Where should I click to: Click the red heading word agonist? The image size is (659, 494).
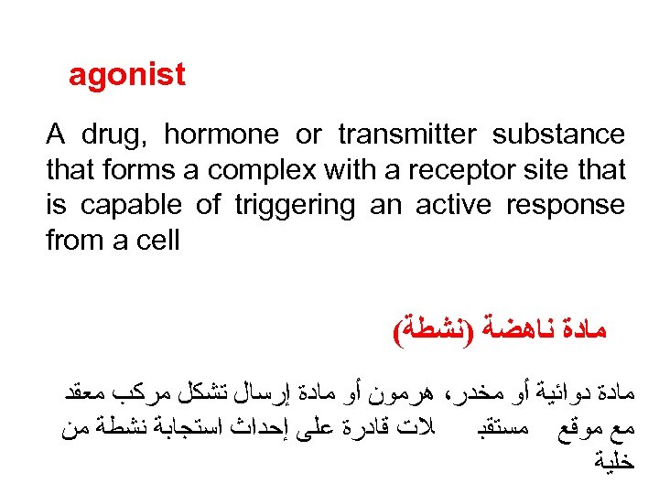[127, 75]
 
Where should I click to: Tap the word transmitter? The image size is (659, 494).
[402, 134]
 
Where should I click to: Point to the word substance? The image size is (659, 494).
[558, 134]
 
